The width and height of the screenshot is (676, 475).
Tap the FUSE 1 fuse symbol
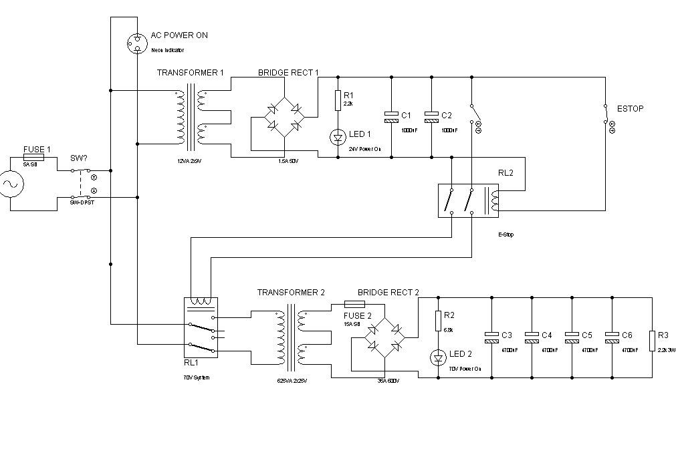click(33, 157)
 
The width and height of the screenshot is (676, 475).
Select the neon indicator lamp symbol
click(136, 43)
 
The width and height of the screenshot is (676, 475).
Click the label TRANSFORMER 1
click(191, 72)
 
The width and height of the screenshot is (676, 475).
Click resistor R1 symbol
click(338, 100)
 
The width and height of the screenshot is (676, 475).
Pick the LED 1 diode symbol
click(338, 138)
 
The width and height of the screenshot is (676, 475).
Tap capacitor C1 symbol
click(391, 117)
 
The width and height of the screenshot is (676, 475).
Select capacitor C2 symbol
click(431, 117)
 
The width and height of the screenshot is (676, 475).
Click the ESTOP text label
click(631, 109)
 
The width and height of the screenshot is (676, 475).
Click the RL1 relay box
click(201, 328)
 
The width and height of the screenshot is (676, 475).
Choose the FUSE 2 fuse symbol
click(353, 304)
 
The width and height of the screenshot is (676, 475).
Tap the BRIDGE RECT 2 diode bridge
click(384, 337)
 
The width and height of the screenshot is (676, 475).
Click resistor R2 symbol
click(438, 321)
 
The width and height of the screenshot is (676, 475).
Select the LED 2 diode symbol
click(438, 358)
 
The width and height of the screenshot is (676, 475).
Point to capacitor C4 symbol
click(532, 337)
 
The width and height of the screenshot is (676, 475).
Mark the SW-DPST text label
click(82, 202)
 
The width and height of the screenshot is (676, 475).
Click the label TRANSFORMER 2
click(291, 293)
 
